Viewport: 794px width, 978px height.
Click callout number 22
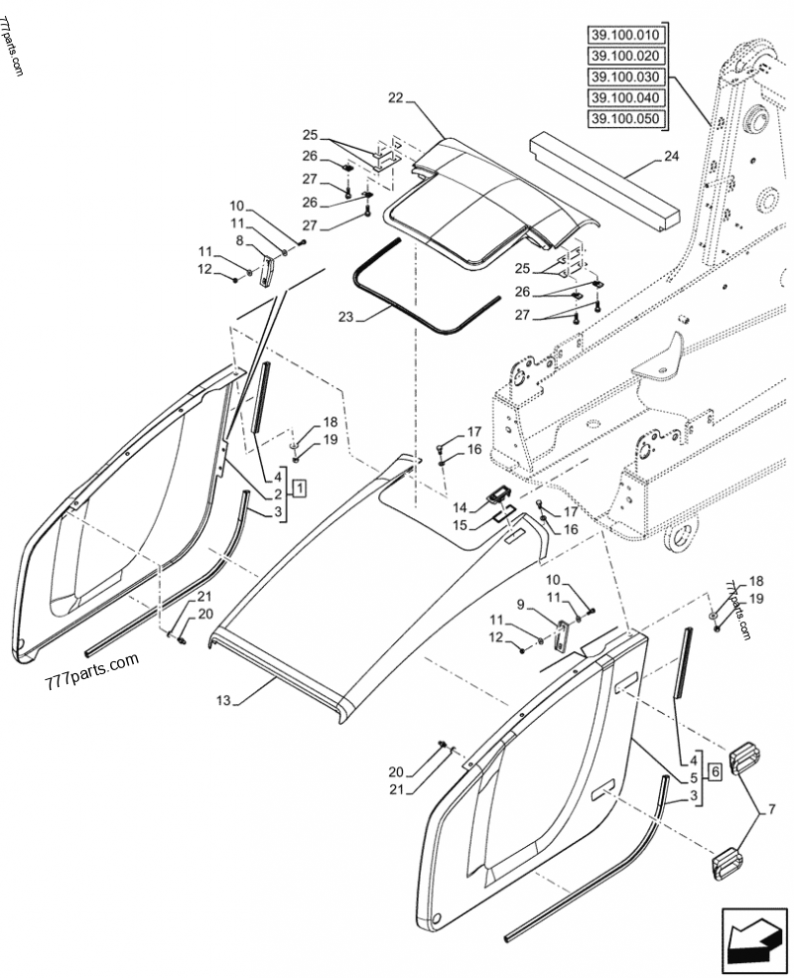pos(396,97)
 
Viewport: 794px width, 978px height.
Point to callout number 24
pos(672,156)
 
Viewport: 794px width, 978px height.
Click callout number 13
pos(223,701)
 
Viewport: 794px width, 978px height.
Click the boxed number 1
pos(300,487)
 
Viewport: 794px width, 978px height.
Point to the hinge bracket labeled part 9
pos(562,636)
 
